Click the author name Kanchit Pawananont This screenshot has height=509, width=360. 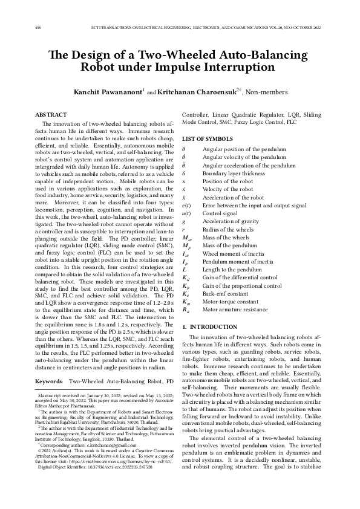pyautogui.click(x=107, y=92)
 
